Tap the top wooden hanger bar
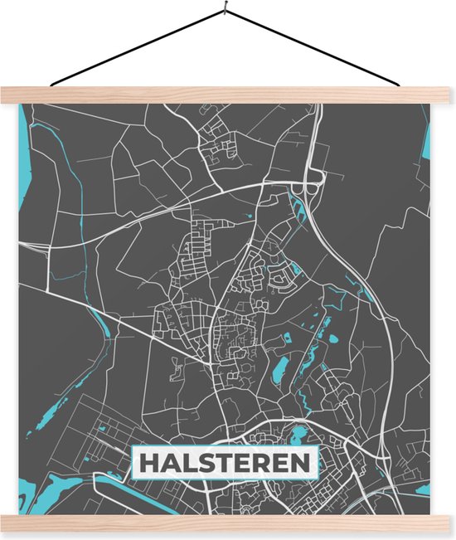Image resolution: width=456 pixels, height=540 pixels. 228,95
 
